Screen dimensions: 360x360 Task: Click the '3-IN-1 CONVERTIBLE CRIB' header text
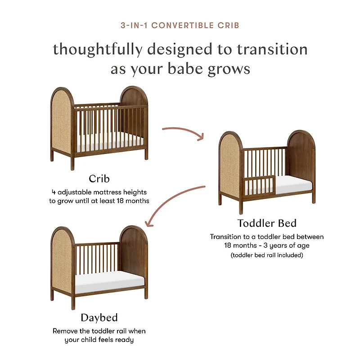point(180,25)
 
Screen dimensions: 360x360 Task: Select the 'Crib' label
point(99,179)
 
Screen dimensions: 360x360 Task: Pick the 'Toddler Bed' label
point(267,223)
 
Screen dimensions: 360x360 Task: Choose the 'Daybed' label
point(99,318)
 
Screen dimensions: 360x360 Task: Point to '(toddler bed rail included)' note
point(267,255)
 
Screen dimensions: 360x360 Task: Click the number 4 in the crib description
point(53,192)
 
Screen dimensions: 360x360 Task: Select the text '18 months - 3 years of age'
point(267,246)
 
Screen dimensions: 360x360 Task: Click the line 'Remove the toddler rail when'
point(99,331)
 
